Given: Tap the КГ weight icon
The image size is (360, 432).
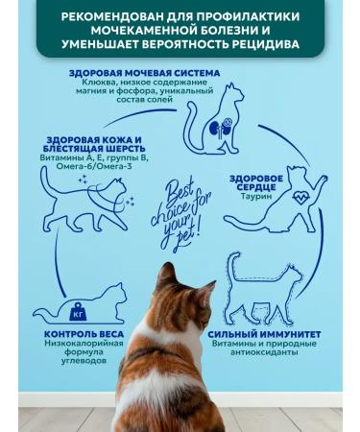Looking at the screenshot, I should click(78, 312).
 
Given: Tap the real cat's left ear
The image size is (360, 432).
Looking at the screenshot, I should click(165, 274).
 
